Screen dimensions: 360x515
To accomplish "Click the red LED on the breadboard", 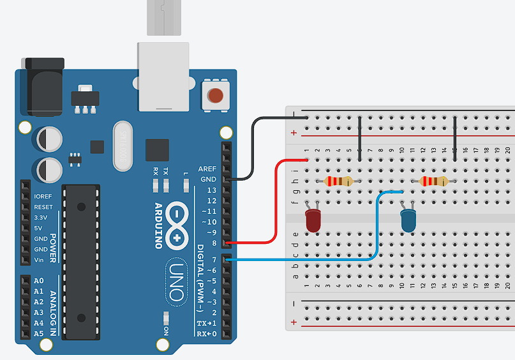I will coord(313,220).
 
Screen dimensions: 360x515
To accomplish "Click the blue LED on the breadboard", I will coord(407,220).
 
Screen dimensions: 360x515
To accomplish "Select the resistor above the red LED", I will coord(338,181).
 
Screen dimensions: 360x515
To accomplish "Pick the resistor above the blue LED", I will coord(433,181).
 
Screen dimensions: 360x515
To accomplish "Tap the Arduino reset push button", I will coord(215,96).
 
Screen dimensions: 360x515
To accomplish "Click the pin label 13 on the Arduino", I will coord(211,190).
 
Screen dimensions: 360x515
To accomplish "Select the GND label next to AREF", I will coord(209,179).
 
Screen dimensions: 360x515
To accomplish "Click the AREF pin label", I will coord(207,169).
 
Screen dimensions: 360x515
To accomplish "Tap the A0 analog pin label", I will coord(38,281).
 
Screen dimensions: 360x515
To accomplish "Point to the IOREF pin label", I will coord(43,197).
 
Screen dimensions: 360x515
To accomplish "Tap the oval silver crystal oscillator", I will coord(123,146).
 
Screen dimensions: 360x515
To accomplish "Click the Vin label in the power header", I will coord(39,259).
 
